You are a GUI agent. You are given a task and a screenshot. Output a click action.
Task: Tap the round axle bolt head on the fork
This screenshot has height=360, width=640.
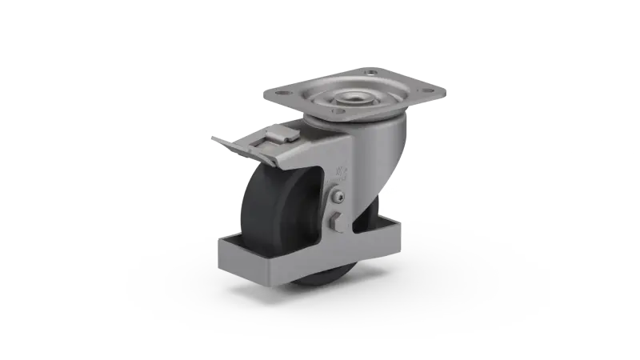point(340,198)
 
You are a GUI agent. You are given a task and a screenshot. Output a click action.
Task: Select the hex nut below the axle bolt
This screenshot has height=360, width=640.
point(336,217)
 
